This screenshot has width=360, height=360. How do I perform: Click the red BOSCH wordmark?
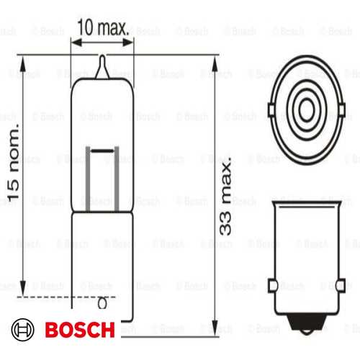tap(78, 330)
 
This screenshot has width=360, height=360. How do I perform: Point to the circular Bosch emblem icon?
tap(24, 330)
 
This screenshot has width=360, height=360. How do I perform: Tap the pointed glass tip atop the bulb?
tap(102, 65)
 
